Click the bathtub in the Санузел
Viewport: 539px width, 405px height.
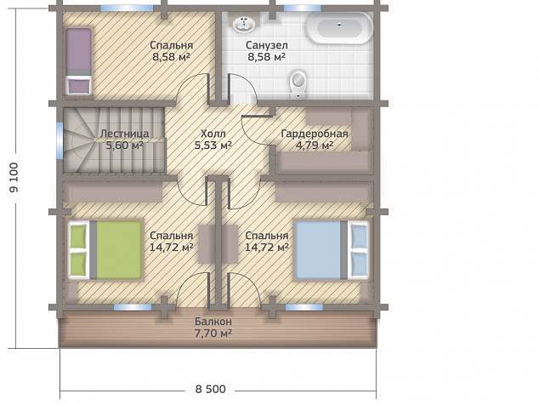[339, 28]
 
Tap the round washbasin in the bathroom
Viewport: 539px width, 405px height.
[244, 24]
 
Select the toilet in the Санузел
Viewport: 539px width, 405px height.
[298, 83]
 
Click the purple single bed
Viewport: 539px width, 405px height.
[79, 61]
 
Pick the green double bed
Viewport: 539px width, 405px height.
[106, 250]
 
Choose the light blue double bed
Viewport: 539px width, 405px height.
[332, 250]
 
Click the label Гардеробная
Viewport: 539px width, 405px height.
[315, 134]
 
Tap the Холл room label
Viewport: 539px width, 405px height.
[213, 134]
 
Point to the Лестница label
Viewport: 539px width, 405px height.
[125, 134]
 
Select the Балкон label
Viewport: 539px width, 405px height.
[213, 322]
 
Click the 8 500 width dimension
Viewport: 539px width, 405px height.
[210, 389]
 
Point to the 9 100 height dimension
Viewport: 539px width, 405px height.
[14, 177]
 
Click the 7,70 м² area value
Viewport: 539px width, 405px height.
[213, 334]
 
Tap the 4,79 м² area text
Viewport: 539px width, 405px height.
[315, 145]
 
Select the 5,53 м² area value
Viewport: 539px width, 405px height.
[213, 145]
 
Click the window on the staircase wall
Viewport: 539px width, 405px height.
[60, 140]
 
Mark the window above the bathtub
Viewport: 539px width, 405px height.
[302, 9]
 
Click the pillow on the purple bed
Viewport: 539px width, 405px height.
[79, 86]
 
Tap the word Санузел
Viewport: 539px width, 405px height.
[267, 45]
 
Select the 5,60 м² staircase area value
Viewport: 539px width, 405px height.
[124, 145]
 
